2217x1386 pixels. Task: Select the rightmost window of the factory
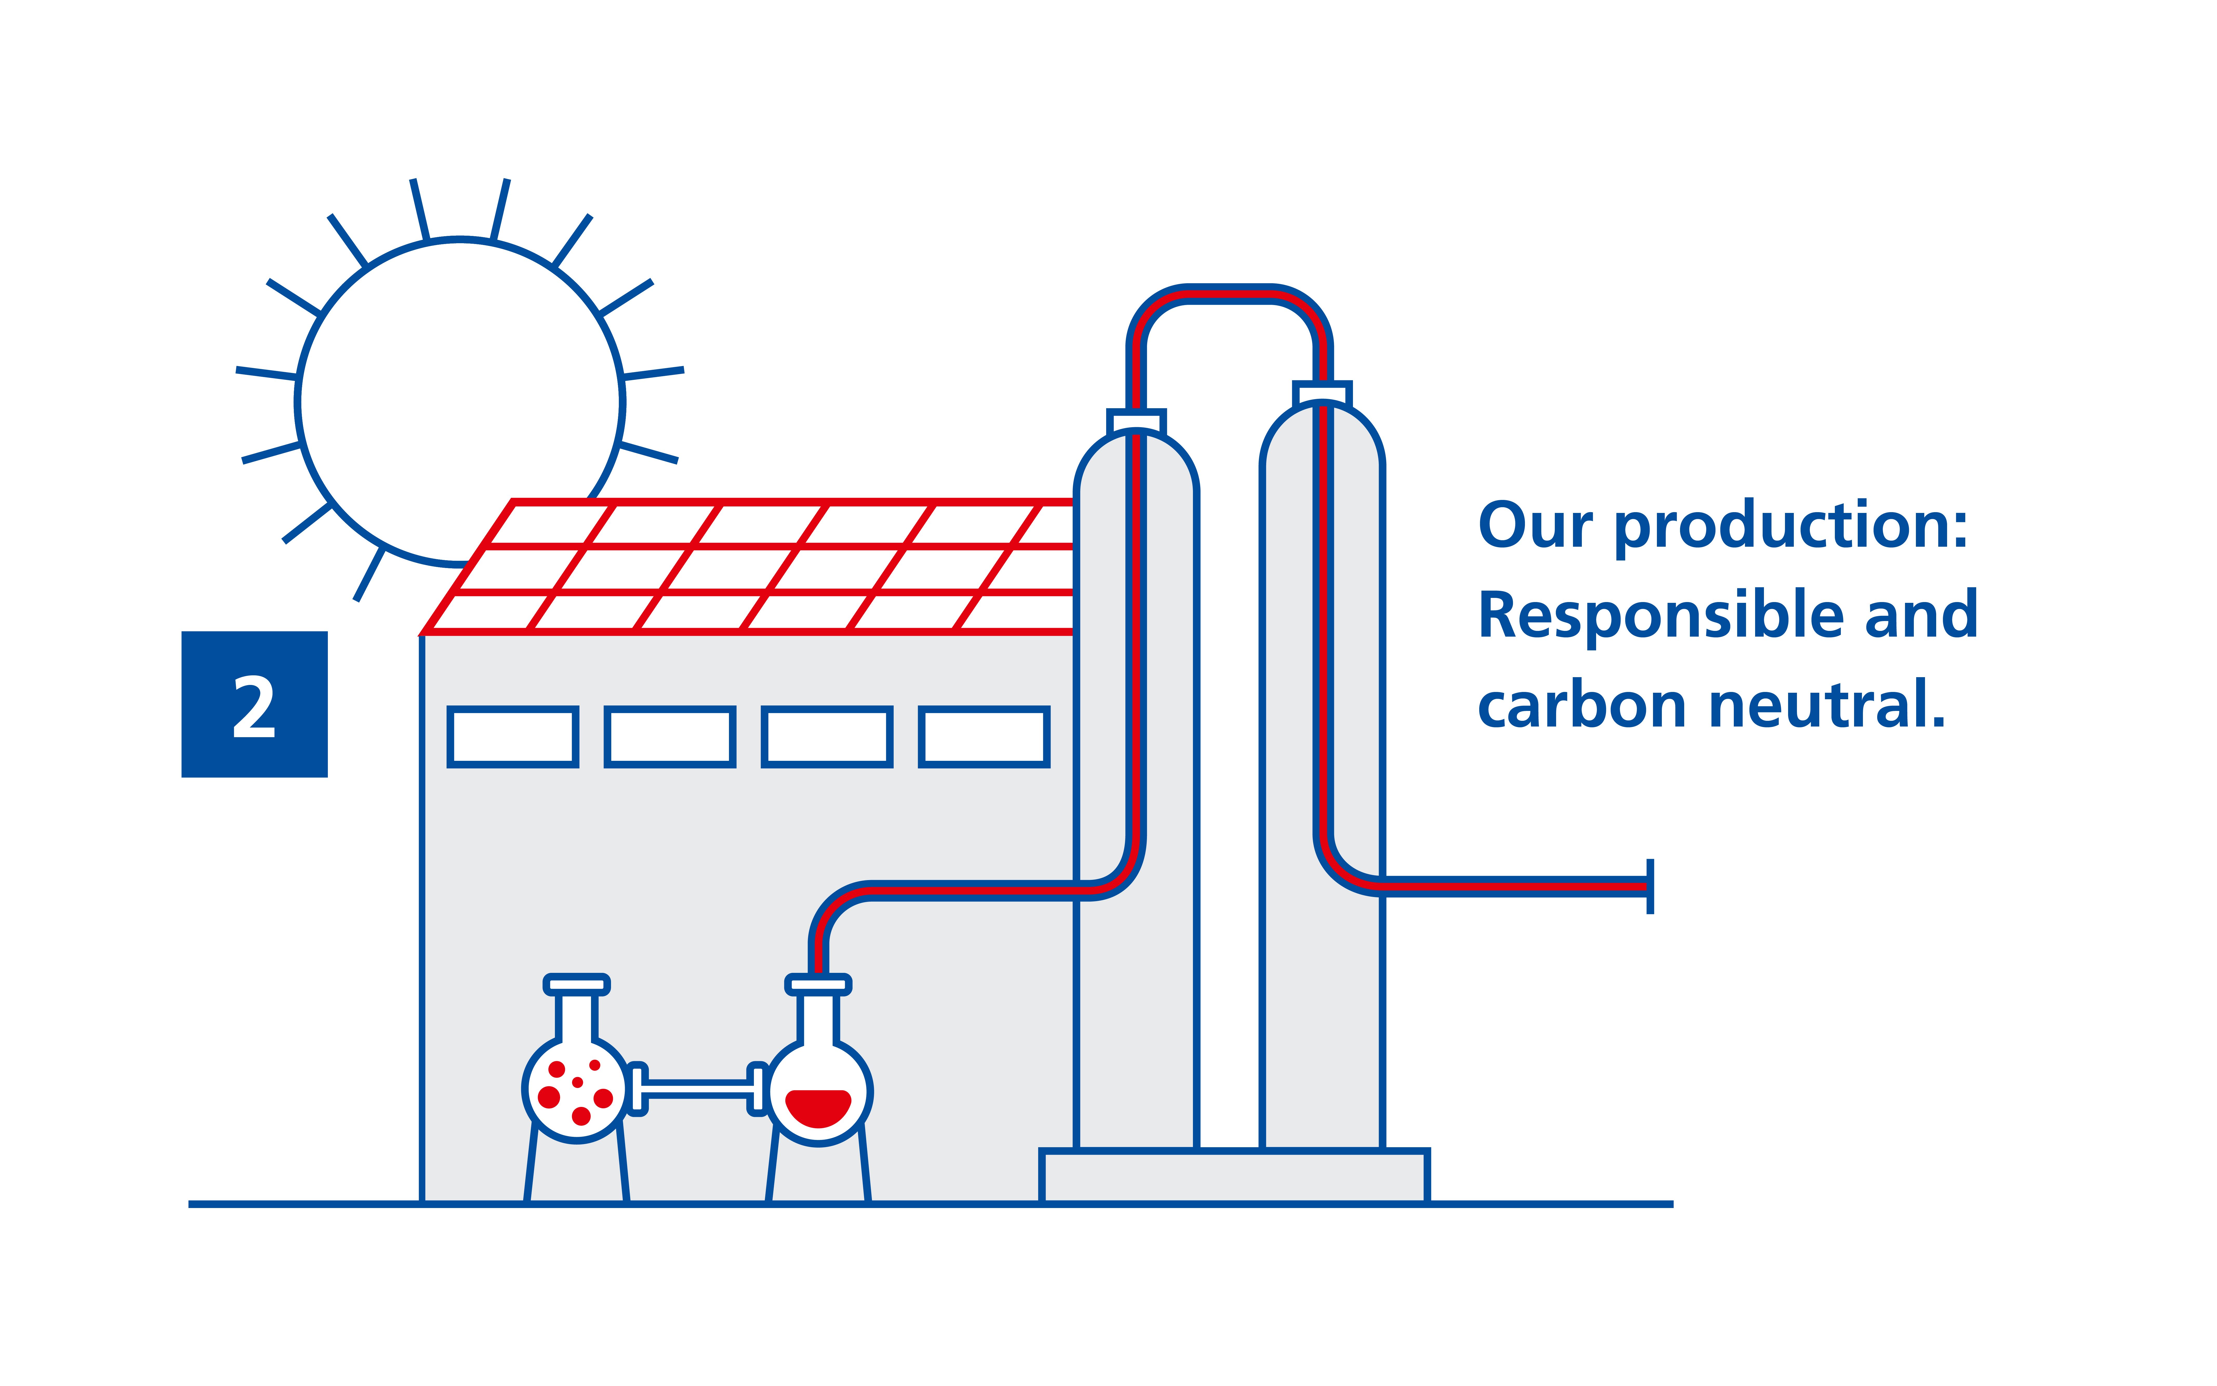point(984,736)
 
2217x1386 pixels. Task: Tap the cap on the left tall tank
point(1137,422)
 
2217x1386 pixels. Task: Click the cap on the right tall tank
point(1323,393)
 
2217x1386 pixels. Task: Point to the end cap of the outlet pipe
point(1650,886)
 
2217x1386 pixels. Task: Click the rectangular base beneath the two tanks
point(1234,1176)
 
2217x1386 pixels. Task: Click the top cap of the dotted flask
point(576,985)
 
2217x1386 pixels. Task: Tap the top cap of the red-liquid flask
point(818,985)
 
